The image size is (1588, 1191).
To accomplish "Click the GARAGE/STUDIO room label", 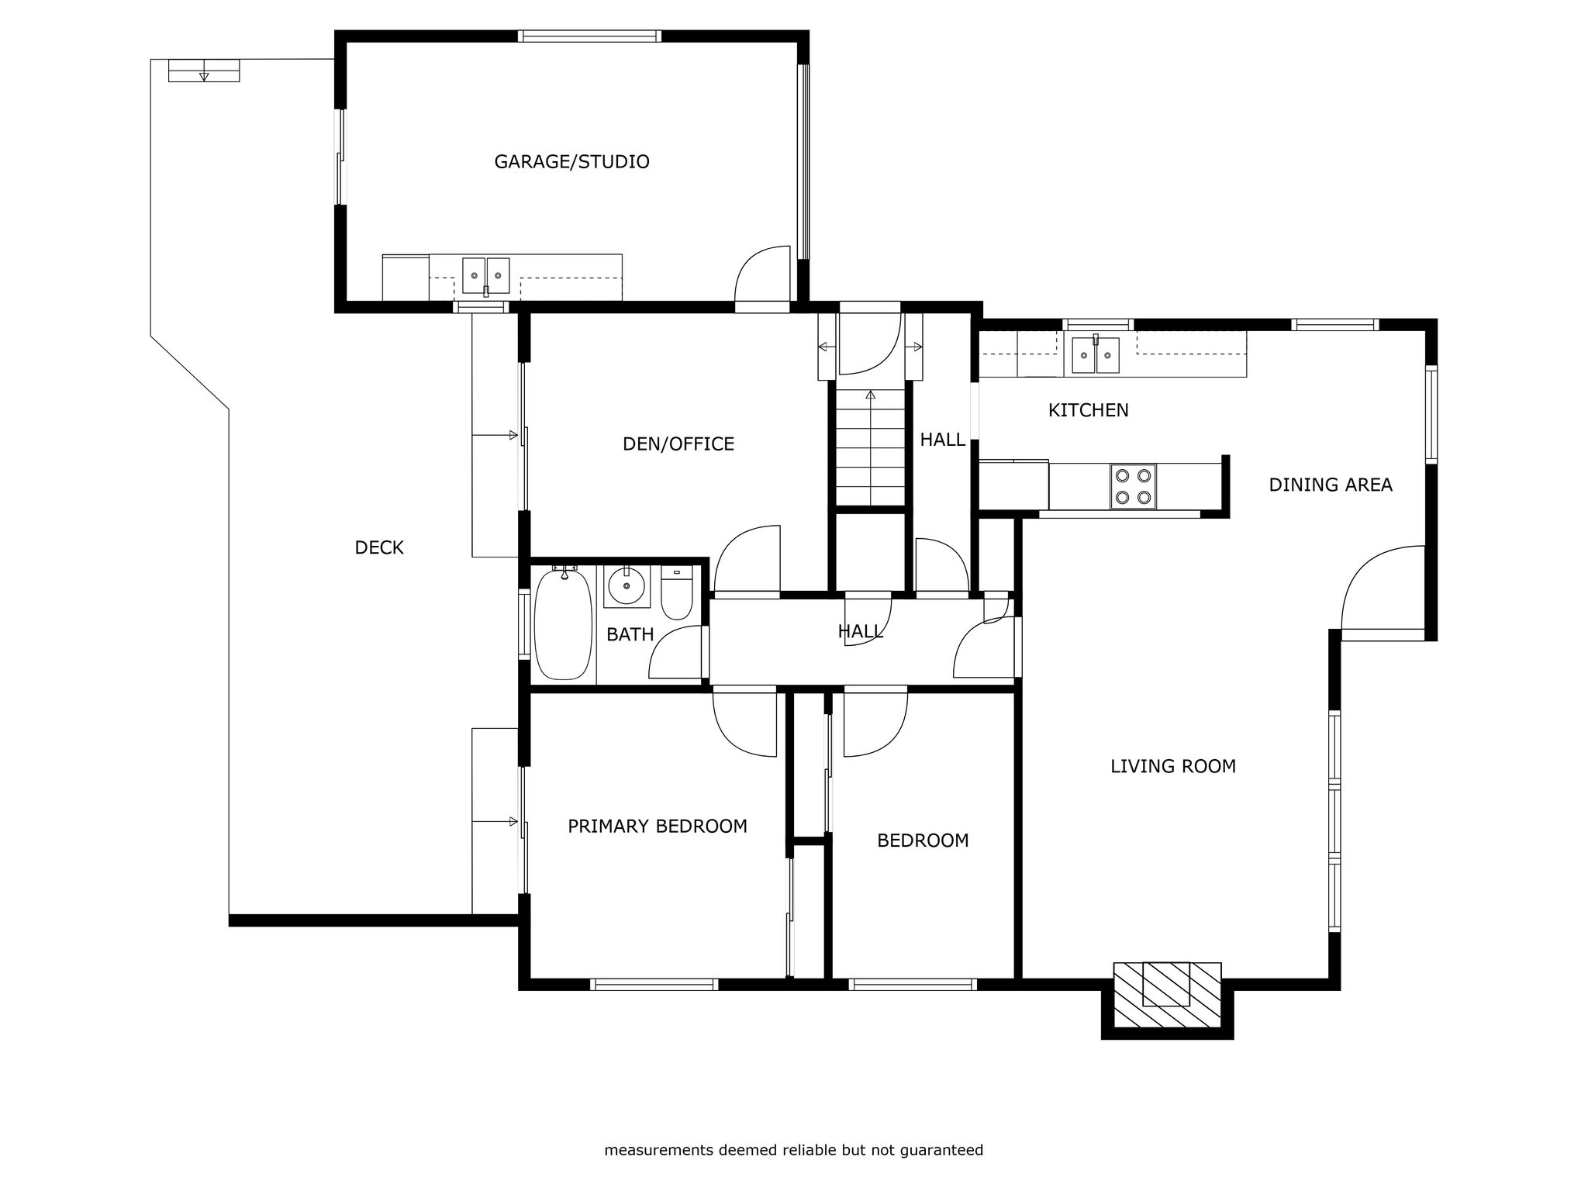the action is click(x=571, y=162).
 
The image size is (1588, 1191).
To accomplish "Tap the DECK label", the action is click(x=379, y=548).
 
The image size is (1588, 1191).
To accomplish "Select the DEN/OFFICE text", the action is click(x=678, y=444).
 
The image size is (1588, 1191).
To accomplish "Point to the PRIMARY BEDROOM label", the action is click(x=658, y=827).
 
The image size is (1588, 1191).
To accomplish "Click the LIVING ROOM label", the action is click(x=1173, y=767).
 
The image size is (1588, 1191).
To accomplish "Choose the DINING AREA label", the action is click(x=1331, y=485).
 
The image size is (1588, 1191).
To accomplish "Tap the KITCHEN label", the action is click(x=1089, y=410).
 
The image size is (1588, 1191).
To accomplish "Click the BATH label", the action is click(x=630, y=635).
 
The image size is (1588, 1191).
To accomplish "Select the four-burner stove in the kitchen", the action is click(x=1133, y=486).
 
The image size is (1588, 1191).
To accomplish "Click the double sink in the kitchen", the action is click(x=1096, y=355).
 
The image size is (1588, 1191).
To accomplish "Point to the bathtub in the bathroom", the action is click(x=564, y=625).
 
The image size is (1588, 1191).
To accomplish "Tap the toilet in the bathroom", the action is click(x=677, y=593).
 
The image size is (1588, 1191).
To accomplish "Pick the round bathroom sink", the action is click(x=627, y=586).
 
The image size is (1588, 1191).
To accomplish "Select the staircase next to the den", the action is click(x=871, y=446).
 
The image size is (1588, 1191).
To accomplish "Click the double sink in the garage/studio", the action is click(x=486, y=277).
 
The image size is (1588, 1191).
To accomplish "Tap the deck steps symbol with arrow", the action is click(x=204, y=71).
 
